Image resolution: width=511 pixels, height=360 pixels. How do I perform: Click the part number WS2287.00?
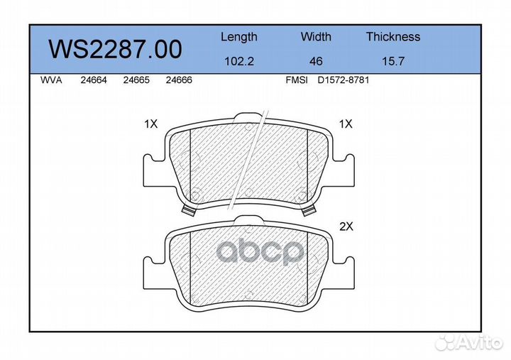point(116,49)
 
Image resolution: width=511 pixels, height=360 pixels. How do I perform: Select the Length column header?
point(239,37)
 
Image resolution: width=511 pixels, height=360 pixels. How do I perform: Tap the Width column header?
point(316,36)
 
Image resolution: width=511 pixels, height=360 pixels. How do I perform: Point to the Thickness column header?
point(393,36)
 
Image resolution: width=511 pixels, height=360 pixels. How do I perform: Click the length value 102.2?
point(239,61)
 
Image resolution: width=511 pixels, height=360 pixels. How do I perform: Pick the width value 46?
point(316,61)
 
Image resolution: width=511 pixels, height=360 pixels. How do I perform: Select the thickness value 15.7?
point(393,61)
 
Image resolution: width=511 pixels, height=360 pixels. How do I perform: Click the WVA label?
point(51,80)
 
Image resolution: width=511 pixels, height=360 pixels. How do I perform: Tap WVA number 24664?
point(94,80)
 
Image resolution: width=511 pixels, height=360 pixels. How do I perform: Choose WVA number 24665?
point(136,80)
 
